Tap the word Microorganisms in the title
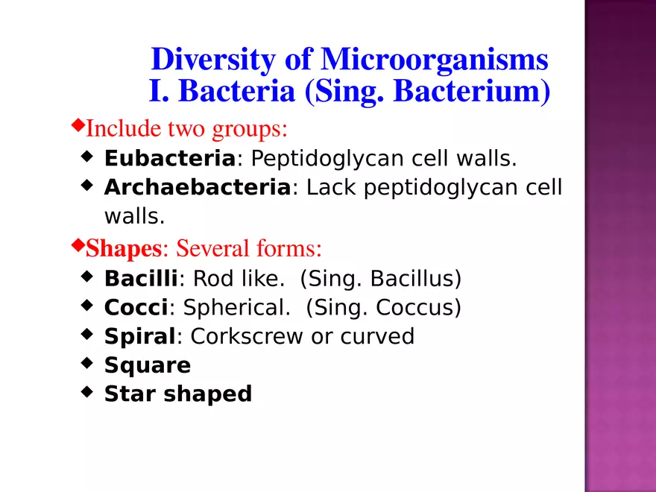tap(434, 60)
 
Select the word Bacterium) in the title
tap(471, 92)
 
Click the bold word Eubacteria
tap(169, 159)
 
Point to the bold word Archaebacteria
tap(197, 187)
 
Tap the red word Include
tap(122, 129)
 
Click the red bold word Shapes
tap(124, 247)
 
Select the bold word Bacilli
tap(141, 279)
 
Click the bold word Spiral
tap(139, 336)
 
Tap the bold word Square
tap(148, 365)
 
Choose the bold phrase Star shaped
tap(178, 394)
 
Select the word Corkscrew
tap(247, 336)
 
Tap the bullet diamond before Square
tap(87, 363)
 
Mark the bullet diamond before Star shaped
tap(87, 391)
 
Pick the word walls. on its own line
tap(133, 216)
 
